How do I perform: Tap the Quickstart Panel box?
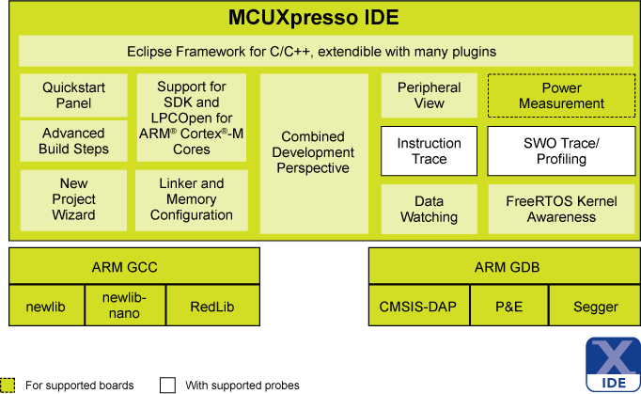coord(73,95)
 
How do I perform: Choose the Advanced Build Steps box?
coord(73,141)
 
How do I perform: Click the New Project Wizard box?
coord(73,199)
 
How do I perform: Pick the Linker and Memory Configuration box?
coord(192,199)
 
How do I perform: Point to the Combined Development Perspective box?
coord(314,152)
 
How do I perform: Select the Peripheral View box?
coord(429,95)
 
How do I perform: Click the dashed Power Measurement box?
coord(560,95)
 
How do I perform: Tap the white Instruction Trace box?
coord(429,150)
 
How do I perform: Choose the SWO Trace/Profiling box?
coord(560,150)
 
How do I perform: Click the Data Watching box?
coord(429,208)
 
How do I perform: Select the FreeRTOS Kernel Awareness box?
coord(560,208)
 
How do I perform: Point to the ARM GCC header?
coord(133,267)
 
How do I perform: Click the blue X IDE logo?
coord(613,365)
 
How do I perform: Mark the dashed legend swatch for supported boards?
coord(8,385)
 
